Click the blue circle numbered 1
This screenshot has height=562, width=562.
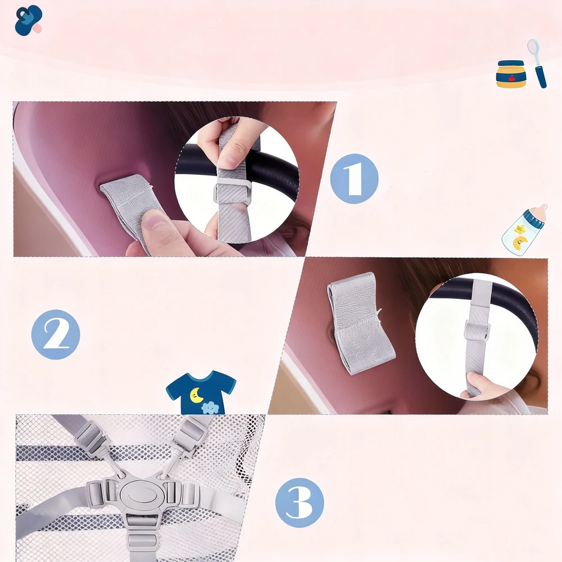pyautogui.click(x=354, y=179)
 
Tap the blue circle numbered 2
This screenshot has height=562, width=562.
pyautogui.click(x=56, y=334)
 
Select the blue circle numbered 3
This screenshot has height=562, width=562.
pyautogui.click(x=300, y=502)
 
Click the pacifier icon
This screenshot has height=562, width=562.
pyautogui.click(x=28, y=20)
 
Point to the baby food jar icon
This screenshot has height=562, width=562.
pyautogui.click(x=511, y=74)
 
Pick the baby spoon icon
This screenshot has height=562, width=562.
pyautogui.click(x=537, y=64)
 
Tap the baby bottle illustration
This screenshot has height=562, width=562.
pyautogui.click(x=524, y=229)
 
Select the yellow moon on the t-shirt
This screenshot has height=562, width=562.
pyautogui.click(x=196, y=395)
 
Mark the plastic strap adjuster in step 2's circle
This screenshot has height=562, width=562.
pyautogui.click(x=477, y=329)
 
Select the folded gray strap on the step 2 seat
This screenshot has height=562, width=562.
pyautogui.click(x=361, y=323)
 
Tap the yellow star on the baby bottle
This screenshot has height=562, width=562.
pyautogui.click(x=520, y=228)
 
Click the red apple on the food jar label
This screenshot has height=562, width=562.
pyautogui.click(x=511, y=78)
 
